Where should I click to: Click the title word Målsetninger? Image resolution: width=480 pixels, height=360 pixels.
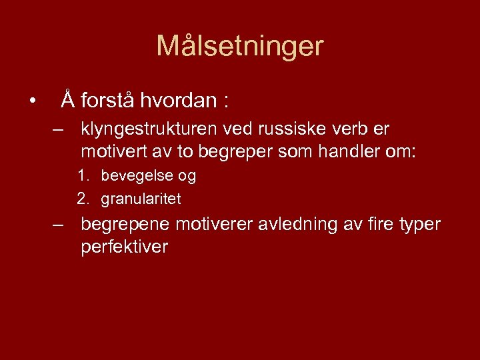tap(239, 47)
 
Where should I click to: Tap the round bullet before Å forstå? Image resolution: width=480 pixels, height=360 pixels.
tap(31, 101)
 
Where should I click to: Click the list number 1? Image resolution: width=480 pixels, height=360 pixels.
tap(83, 177)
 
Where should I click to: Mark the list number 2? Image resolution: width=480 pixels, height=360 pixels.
tap(83, 199)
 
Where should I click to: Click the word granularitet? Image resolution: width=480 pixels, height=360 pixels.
tap(141, 199)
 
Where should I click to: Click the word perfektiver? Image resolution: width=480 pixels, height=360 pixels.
tap(124, 247)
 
